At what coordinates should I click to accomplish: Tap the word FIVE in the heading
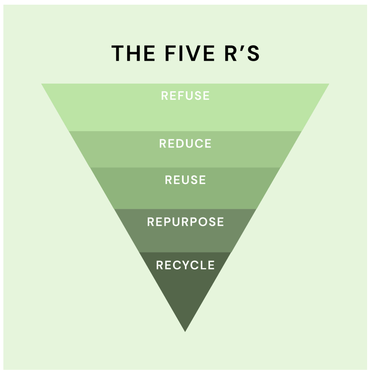pyautogui.click(x=190, y=53)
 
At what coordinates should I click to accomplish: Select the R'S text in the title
pyautogui.click(x=242, y=53)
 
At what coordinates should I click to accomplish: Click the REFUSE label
pyautogui.click(x=185, y=96)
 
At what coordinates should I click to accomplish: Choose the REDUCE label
pyautogui.click(x=185, y=144)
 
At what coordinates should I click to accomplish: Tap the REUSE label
pyautogui.click(x=185, y=180)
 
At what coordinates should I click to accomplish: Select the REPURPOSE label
pyautogui.click(x=185, y=222)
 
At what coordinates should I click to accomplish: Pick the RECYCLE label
pyautogui.click(x=185, y=265)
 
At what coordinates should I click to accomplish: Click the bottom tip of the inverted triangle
pyautogui.click(x=185, y=331)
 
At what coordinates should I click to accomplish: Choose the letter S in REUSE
pyautogui.click(x=193, y=180)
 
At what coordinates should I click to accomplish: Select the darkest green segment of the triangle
pyautogui.click(x=185, y=291)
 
